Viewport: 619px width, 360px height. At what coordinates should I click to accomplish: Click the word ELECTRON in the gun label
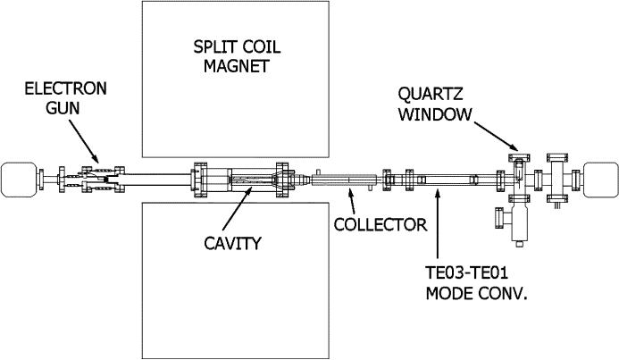coord(65,88)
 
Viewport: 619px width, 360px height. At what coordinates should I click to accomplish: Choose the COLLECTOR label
coord(380,222)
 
